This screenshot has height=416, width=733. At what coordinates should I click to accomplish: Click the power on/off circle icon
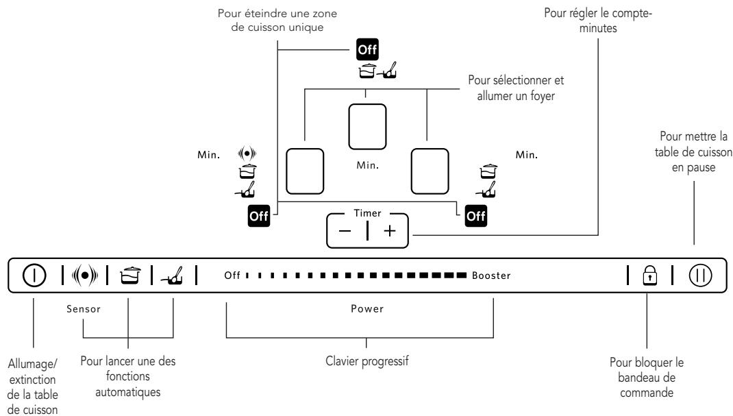pos(34,275)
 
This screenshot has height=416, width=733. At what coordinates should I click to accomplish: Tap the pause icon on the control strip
pos(700,275)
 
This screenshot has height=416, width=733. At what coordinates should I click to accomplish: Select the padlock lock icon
pos(650,275)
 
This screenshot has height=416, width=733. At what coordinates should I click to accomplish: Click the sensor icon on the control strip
pos(85,276)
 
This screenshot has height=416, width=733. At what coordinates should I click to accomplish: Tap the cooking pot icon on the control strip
pos(130,276)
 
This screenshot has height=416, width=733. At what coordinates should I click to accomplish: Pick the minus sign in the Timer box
pos(345,231)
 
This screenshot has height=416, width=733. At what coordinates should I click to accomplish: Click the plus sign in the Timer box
pos(389,230)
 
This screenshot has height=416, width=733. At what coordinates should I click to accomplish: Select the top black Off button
pos(367,49)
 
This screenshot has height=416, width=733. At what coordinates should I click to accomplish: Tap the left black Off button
pos(259,216)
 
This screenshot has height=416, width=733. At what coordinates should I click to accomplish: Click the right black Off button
pos(476,216)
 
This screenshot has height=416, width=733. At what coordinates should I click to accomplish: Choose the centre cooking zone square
pos(367,127)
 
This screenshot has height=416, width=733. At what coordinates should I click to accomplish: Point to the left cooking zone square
pos(305,171)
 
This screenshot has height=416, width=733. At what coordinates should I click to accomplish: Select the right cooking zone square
pos(430,171)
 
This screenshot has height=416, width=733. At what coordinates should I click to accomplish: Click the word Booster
pos(491,276)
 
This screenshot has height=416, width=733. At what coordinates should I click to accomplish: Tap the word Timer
pos(367,213)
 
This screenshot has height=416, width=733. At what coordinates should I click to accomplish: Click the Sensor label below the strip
pos(84,309)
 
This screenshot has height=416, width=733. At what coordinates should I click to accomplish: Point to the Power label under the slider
pos(367,308)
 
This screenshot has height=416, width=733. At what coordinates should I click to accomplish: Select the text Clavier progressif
pos(367,361)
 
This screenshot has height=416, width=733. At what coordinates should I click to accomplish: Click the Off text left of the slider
pos(232,276)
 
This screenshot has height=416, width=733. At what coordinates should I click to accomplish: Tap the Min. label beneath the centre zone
pos(368,165)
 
